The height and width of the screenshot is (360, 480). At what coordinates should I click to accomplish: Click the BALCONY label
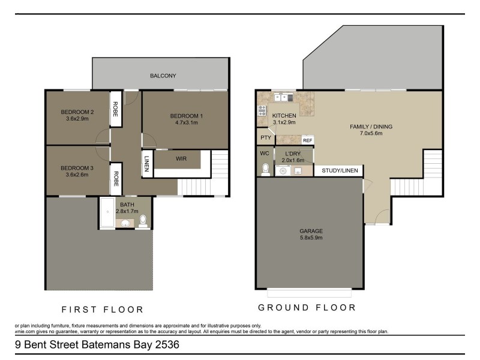pos(163,76)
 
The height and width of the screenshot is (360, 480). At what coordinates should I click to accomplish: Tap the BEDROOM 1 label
pos(187,116)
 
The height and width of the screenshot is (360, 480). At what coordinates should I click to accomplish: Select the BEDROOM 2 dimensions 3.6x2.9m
pos(77,119)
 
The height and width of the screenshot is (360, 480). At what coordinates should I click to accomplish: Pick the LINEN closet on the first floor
pos(146,164)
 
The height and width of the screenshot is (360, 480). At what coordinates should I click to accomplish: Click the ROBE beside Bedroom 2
pos(116,108)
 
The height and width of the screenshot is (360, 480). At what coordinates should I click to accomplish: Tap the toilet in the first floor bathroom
pos(143,223)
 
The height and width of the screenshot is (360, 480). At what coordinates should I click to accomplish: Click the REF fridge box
pos(307,140)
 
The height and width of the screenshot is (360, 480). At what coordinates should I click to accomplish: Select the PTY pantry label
pos(265,138)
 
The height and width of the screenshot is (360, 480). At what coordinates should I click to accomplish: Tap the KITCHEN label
pos(284,115)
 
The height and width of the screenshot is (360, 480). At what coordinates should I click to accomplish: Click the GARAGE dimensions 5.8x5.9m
pos(311,238)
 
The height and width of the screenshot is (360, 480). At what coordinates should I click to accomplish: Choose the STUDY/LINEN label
pos(340,171)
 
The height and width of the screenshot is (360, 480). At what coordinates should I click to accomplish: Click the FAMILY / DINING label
pos(370,127)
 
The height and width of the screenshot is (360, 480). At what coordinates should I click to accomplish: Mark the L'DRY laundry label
pos(293,154)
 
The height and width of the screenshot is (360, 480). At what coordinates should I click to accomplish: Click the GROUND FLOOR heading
pos(307,307)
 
